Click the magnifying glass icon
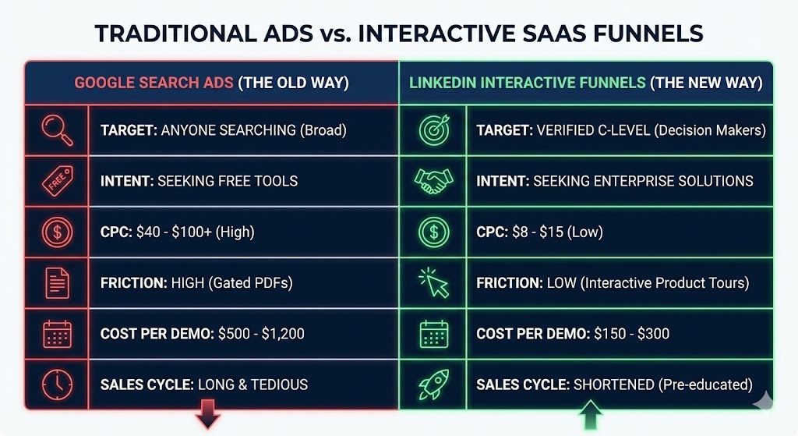coord(56,129)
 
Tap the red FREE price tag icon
coord(56,180)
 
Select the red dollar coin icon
coord(56,232)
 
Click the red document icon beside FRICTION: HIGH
coord(56,282)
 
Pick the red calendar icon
coord(56,334)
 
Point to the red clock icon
coord(56,384)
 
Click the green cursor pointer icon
coord(433,282)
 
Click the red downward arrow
coord(208,415)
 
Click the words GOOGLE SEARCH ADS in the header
coord(154,82)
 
